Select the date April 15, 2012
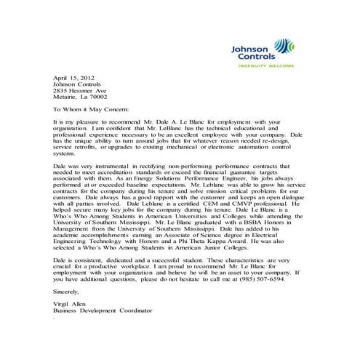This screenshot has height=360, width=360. (74, 76)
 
